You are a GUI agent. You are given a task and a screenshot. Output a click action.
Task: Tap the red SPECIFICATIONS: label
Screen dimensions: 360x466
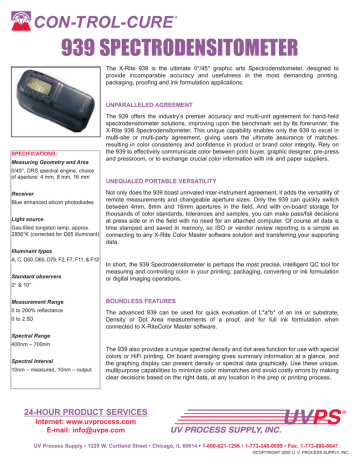point(35,155)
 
